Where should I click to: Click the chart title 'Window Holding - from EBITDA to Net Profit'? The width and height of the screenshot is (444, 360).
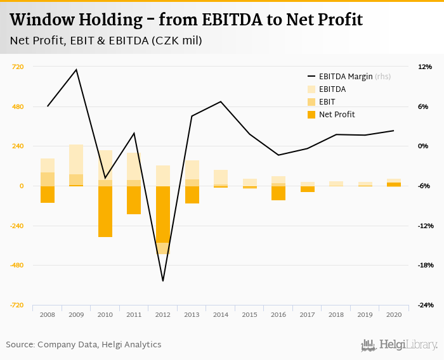point(186,20)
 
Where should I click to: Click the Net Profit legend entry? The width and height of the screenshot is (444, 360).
point(336,115)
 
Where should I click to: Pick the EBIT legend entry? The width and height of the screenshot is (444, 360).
point(327,102)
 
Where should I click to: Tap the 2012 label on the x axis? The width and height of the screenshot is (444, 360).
point(162,314)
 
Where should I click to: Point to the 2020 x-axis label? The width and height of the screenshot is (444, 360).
point(393,314)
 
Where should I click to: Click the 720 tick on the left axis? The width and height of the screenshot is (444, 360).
point(18,67)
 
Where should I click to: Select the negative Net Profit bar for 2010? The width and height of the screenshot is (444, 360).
point(105,211)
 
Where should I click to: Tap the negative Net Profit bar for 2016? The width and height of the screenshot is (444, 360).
point(278,193)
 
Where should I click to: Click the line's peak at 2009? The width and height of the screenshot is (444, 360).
point(76,70)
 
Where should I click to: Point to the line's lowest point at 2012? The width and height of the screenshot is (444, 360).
point(162,281)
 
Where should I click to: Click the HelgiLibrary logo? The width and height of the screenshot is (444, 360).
point(400,345)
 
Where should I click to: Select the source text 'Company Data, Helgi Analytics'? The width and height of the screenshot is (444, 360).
point(100,345)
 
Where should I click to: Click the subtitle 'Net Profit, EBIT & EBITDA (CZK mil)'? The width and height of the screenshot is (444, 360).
point(106,41)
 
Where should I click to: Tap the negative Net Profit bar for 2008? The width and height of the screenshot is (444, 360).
point(48,195)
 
